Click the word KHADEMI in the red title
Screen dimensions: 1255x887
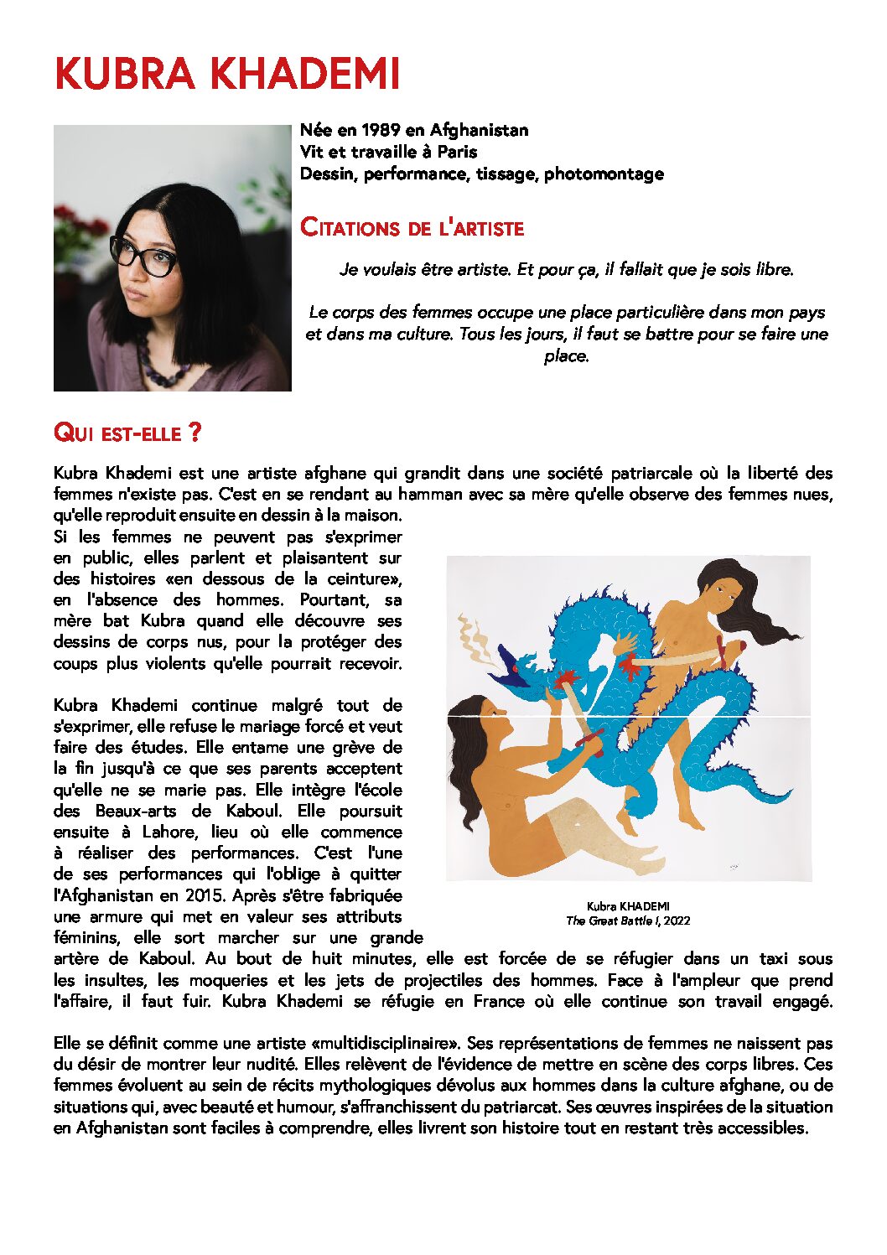[x=304, y=75]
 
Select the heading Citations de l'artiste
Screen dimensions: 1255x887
[x=412, y=228]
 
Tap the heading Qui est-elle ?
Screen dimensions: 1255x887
[x=127, y=433]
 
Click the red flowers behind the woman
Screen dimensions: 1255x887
[x=80, y=226]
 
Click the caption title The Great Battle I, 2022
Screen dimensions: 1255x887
[x=628, y=921]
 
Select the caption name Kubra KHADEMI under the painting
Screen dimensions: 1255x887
[x=628, y=906]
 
